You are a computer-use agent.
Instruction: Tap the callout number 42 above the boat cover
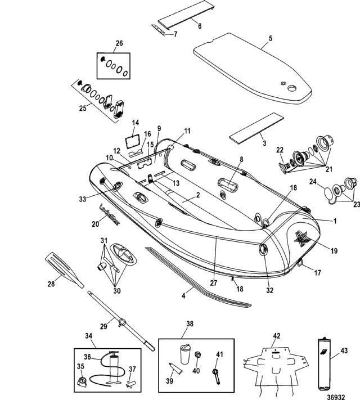click(x=276, y=335)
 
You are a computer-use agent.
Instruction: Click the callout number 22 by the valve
click(x=279, y=150)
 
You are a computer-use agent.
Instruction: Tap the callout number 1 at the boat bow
click(x=335, y=221)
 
